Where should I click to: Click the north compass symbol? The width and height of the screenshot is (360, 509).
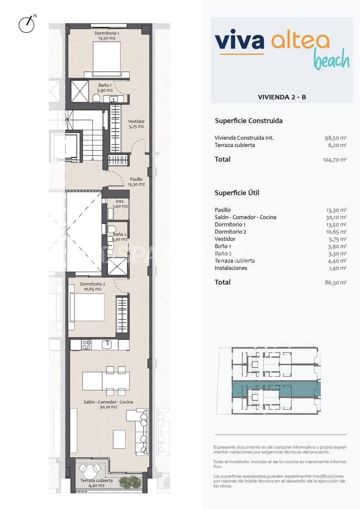pyautogui.click(x=26, y=25)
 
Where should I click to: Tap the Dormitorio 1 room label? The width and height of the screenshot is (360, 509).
pyautogui.click(x=107, y=36)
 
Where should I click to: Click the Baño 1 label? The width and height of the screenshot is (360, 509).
pyautogui.click(x=104, y=88)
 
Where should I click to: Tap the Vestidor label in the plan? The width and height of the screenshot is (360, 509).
pyautogui.click(x=136, y=123)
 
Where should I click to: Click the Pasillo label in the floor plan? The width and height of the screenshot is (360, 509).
pyautogui.click(x=136, y=182)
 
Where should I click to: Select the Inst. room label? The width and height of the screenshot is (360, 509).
pyautogui.click(x=120, y=204)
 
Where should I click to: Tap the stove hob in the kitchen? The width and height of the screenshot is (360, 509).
pyautogui.click(x=87, y=345)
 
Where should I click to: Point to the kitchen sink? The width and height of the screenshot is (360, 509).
pyautogui.click(x=108, y=344)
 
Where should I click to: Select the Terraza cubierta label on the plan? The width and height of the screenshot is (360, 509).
pyautogui.click(x=97, y=483)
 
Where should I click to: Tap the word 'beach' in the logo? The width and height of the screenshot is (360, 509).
pyautogui.click(x=332, y=61)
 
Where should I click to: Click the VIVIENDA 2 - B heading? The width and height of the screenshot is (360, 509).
pyautogui.click(x=282, y=97)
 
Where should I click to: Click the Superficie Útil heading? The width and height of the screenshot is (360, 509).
pyautogui.click(x=237, y=193)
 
